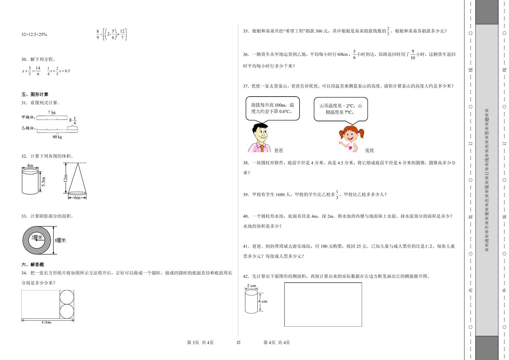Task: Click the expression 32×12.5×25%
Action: click(x=34, y=35)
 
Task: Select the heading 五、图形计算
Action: click(x=35, y=94)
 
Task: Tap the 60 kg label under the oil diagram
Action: click(x=57, y=137)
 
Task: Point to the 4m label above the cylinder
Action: click(x=30, y=166)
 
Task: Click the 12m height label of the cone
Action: click(x=65, y=178)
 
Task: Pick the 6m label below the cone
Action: click(x=77, y=198)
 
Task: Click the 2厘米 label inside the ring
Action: click(x=37, y=237)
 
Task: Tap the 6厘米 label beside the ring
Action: click(x=60, y=240)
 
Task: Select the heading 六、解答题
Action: click(x=32, y=264)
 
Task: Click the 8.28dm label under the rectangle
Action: click(x=47, y=322)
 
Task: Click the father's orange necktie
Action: click(x=262, y=149)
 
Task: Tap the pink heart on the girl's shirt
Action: click(x=350, y=148)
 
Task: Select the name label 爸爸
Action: click(x=279, y=150)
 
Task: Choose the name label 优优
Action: click(x=369, y=150)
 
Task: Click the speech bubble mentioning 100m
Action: click(x=273, y=109)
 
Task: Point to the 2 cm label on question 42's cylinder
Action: click(x=251, y=286)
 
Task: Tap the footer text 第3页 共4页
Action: click(x=200, y=342)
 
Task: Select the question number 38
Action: click(x=246, y=163)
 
